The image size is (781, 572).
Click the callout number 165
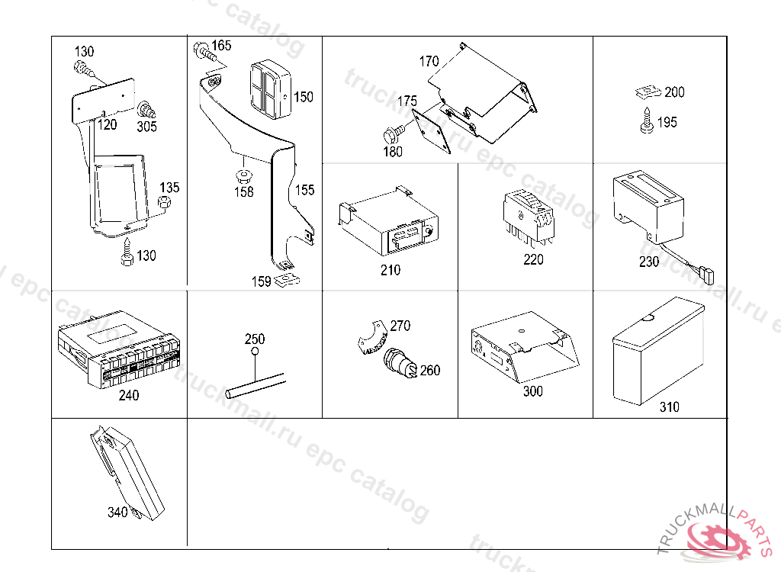(x=221, y=45)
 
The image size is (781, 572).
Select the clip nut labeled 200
(x=646, y=92)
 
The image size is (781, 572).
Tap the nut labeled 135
(x=163, y=201)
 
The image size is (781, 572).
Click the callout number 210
(x=390, y=270)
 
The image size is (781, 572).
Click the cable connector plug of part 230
(x=706, y=272)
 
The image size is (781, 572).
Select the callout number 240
(x=129, y=396)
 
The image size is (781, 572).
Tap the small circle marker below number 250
(x=255, y=352)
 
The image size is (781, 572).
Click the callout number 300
(x=533, y=391)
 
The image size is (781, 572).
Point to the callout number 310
(x=669, y=407)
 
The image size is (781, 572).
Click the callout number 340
(x=117, y=513)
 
